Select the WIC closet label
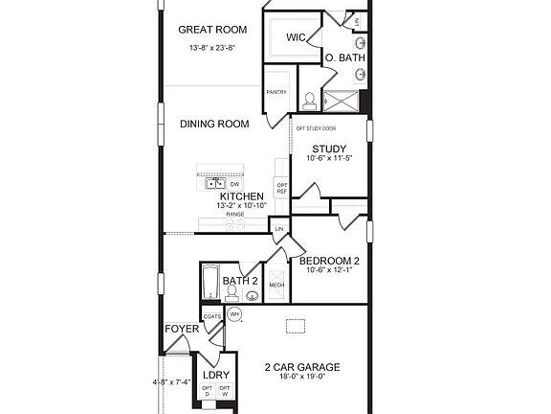pyautogui.click(x=298, y=37)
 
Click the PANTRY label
pyautogui.click(x=276, y=92)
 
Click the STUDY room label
pyautogui.click(x=329, y=149)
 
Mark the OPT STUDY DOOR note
pyautogui.click(x=316, y=127)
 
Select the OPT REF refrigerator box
pyautogui.click(x=282, y=187)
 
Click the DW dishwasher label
pyautogui.click(x=234, y=183)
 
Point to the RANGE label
pyautogui.click(x=234, y=214)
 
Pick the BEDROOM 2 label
pyautogui.click(x=329, y=261)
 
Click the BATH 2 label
pyautogui.click(x=239, y=281)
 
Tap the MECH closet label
pyautogui.click(x=276, y=285)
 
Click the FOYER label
pyautogui.click(x=182, y=329)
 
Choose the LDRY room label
pyautogui.click(x=216, y=375)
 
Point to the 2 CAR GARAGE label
pyautogui.click(x=302, y=367)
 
